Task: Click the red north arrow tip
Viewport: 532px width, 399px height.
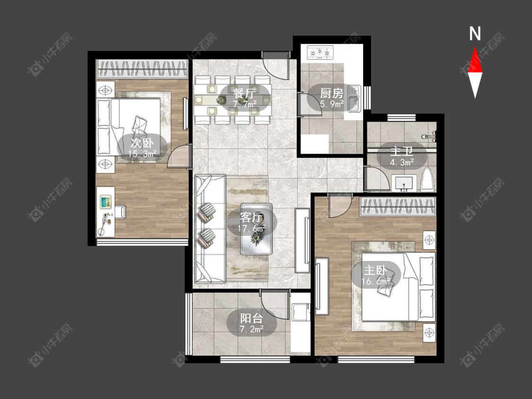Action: [x=475, y=47]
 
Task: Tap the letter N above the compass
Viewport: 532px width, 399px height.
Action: [x=475, y=34]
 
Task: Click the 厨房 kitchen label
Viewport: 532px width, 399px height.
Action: [x=331, y=93]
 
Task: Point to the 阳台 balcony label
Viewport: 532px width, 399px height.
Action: [x=252, y=318]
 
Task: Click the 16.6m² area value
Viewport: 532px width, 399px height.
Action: [x=376, y=281]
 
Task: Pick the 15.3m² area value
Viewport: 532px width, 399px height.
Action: [x=142, y=154]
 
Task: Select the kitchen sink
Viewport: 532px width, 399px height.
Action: [x=354, y=99]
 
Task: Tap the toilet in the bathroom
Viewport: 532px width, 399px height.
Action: [x=427, y=179]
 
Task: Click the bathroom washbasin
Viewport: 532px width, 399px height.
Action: [x=404, y=183]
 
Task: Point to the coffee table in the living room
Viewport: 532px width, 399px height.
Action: [x=256, y=229]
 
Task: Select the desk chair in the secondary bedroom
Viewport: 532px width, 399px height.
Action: [x=120, y=212]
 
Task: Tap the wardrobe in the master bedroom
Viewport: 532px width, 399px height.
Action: [x=398, y=207]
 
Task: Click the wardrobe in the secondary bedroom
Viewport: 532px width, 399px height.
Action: [x=142, y=69]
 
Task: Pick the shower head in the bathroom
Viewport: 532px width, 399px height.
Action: [x=429, y=137]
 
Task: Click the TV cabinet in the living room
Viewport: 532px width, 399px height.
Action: [x=302, y=241]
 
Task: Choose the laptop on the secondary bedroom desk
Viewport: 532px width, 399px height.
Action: [x=105, y=202]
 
